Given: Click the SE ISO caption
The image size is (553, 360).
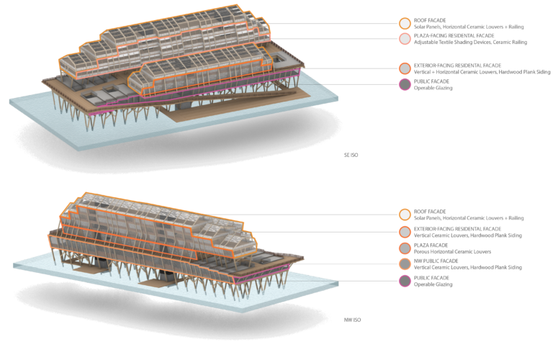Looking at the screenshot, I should click(351, 155).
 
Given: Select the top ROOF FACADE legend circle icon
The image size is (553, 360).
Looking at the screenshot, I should click(405, 23).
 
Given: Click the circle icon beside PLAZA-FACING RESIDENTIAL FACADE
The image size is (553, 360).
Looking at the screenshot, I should click(405, 39).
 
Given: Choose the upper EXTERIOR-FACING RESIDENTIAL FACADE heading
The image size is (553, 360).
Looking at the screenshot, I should click(458, 65).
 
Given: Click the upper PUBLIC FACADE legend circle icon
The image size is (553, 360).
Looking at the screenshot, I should click(405, 85).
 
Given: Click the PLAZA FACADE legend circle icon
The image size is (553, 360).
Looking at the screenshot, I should click(405, 248).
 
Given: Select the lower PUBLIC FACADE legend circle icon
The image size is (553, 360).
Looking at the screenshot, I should click(405, 281).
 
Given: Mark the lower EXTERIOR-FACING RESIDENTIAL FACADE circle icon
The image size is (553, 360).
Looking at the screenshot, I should click(405, 231).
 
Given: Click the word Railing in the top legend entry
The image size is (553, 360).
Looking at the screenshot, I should click(514, 27).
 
